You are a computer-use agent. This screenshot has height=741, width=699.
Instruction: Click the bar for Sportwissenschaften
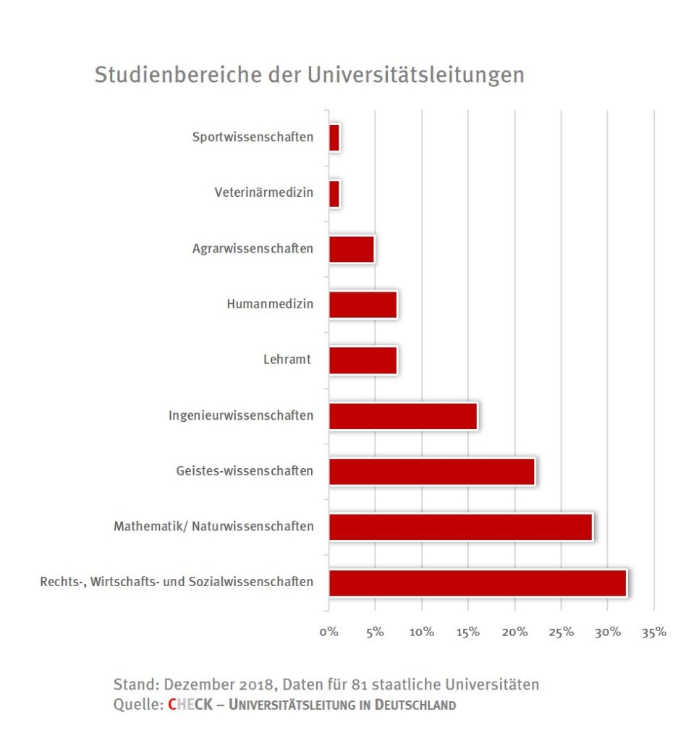tap(334, 137)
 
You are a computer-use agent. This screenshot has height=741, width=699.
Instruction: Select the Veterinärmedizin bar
tap(334, 193)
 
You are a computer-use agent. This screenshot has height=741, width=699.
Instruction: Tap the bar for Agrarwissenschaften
tap(352, 249)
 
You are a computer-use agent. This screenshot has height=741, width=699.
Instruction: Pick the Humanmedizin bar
tap(363, 305)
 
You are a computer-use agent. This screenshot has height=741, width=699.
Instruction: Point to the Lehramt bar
tap(363, 360)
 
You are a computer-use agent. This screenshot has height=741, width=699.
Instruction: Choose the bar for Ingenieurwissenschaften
tap(403, 416)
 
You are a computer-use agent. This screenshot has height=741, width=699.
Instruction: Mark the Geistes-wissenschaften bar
tap(432, 472)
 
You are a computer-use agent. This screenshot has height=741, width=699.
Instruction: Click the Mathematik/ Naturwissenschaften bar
tap(461, 527)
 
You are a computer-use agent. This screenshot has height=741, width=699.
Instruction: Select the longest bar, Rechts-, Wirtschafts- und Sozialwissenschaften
tap(478, 583)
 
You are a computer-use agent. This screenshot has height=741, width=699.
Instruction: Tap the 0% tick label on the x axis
tap(329, 632)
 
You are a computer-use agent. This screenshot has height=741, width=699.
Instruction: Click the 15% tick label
tap(468, 632)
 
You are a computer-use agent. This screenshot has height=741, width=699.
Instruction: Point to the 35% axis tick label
tap(653, 632)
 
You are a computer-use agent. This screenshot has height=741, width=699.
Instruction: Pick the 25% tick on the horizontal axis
tap(561, 632)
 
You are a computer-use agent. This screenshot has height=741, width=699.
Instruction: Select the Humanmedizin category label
tap(270, 305)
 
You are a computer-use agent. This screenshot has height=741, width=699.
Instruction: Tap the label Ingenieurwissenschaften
tap(241, 416)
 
